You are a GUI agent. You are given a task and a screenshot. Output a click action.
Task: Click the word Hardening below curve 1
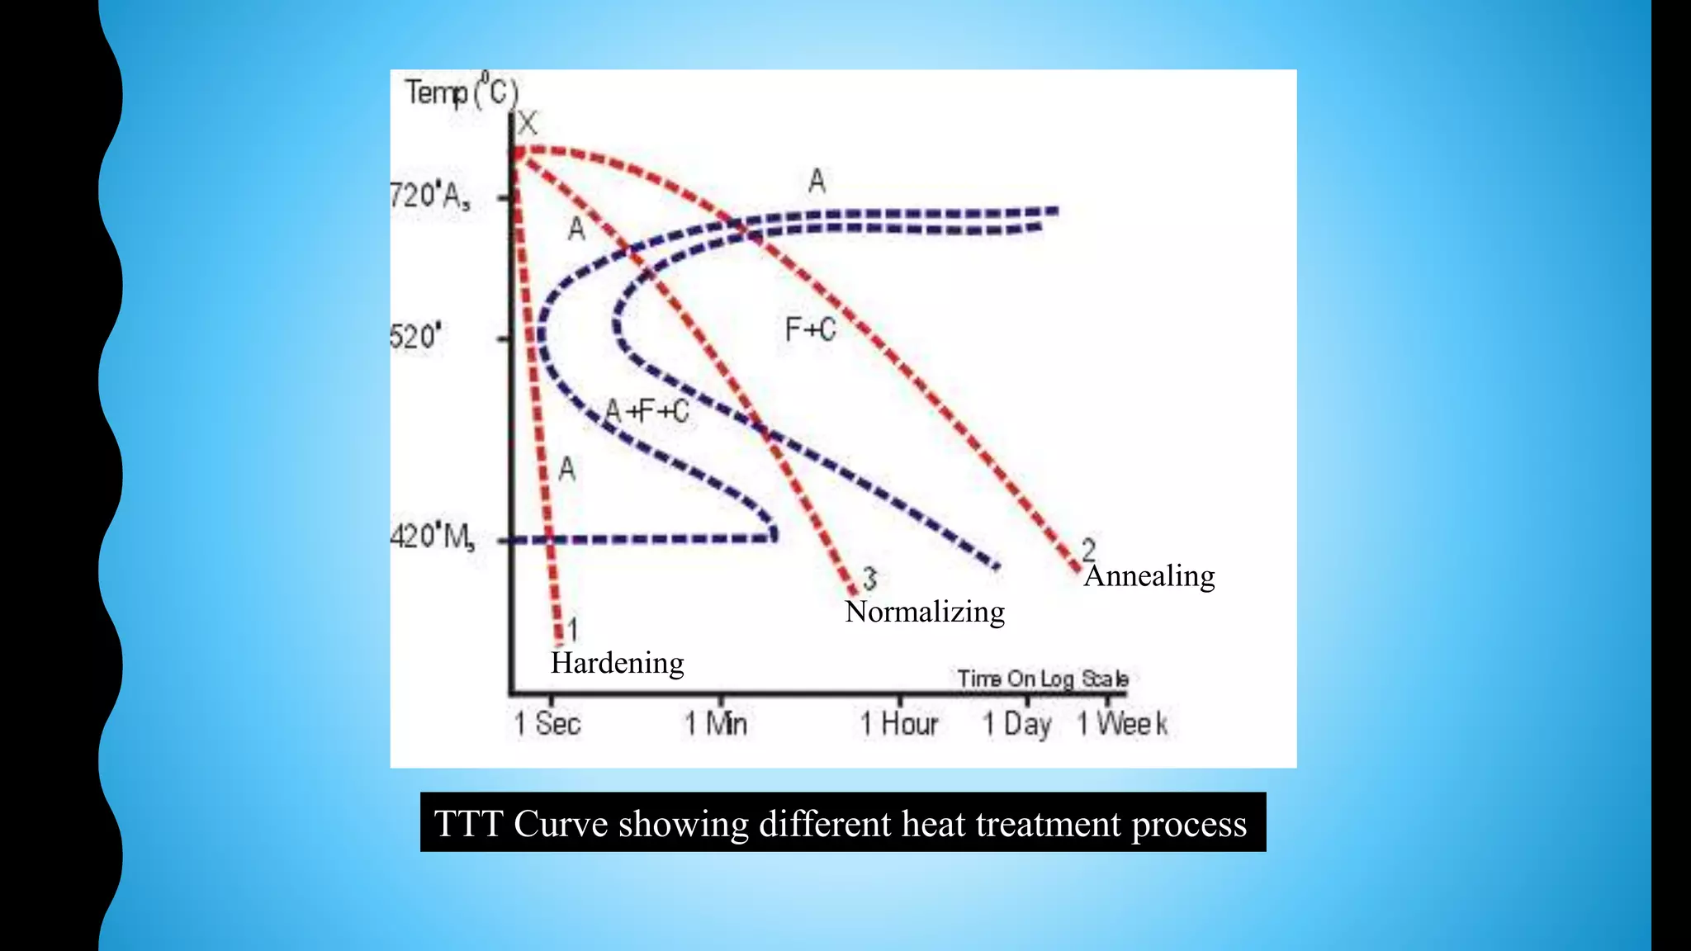(617, 663)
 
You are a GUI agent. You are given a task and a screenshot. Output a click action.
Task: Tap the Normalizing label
(925, 612)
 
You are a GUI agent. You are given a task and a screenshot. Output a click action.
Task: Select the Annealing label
(1149, 575)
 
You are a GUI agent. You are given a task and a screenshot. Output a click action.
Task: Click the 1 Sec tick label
(547, 724)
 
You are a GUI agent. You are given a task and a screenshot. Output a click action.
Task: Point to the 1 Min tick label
(716, 724)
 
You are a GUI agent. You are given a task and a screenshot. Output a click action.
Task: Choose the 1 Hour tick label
(899, 724)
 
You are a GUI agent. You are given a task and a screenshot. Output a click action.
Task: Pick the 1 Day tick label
(1016, 725)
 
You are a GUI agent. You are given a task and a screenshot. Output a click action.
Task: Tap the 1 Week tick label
(1122, 724)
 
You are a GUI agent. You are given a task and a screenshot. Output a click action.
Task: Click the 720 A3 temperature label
(429, 196)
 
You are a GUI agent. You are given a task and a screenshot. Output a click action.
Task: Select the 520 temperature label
(415, 337)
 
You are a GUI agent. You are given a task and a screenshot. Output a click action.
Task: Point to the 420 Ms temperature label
(432, 537)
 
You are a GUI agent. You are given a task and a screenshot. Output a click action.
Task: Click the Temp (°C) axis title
(461, 92)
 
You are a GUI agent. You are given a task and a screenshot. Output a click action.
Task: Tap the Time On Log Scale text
(1042, 679)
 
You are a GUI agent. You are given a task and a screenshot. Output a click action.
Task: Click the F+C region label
(810, 330)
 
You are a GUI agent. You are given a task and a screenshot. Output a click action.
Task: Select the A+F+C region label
(647, 411)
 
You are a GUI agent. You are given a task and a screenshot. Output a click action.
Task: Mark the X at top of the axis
(527, 125)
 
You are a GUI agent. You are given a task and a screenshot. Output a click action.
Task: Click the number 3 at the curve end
(869, 578)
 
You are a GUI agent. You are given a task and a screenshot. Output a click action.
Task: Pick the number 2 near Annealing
(1089, 548)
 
